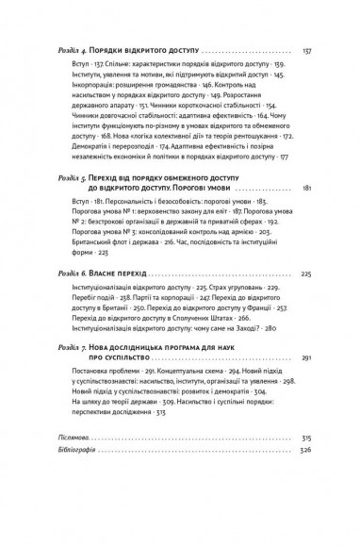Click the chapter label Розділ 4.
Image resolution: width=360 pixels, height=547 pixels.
(x=66, y=50)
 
